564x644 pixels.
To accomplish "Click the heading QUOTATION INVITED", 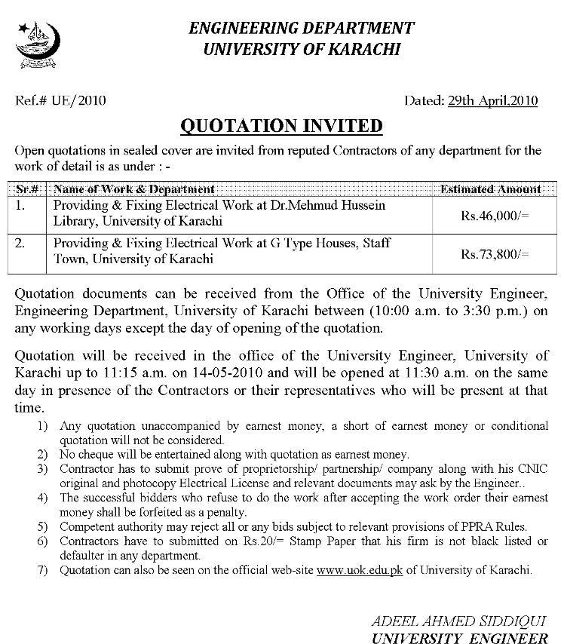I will pyautogui.click(x=281, y=125).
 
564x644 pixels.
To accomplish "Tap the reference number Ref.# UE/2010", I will pyautogui.click(x=51, y=100).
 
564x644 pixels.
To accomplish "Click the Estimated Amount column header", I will pyautogui.click(x=490, y=189).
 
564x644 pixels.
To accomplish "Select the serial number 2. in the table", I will pyautogui.click(x=21, y=244).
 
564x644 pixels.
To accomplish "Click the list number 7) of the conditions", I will pyautogui.click(x=42, y=570).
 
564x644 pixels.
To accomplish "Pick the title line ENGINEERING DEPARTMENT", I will pyautogui.click(x=301, y=29).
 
